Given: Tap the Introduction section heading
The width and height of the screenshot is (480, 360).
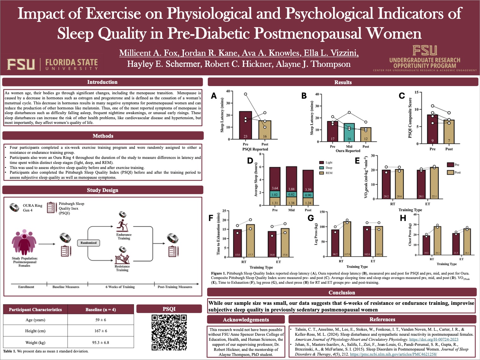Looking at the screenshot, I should click(x=102, y=82).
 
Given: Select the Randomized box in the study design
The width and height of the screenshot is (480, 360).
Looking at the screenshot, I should click(x=88, y=243).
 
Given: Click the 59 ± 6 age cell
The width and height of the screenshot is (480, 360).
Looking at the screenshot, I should click(x=101, y=320).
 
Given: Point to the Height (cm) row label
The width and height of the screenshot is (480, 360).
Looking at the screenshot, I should click(x=35, y=331).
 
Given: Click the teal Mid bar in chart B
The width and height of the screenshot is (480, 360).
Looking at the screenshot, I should click(x=349, y=132).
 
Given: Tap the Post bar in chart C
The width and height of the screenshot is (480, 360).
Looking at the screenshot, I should click(x=449, y=131).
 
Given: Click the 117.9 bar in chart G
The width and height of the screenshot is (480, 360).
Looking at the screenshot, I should click(x=347, y=240).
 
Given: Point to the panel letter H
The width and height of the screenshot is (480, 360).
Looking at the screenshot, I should click(x=403, y=218).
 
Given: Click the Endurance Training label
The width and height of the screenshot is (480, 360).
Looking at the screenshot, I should click(x=124, y=236).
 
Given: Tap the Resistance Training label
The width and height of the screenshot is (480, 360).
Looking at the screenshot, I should click(x=122, y=268).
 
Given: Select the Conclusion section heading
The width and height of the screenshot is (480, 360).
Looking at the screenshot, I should click(x=342, y=293).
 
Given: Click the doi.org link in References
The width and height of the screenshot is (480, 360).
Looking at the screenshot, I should click(x=434, y=340).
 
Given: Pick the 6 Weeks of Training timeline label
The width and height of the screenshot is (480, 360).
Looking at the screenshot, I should click(x=120, y=287).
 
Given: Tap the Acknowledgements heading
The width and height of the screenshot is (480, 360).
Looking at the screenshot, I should click(x=246, y=320).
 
